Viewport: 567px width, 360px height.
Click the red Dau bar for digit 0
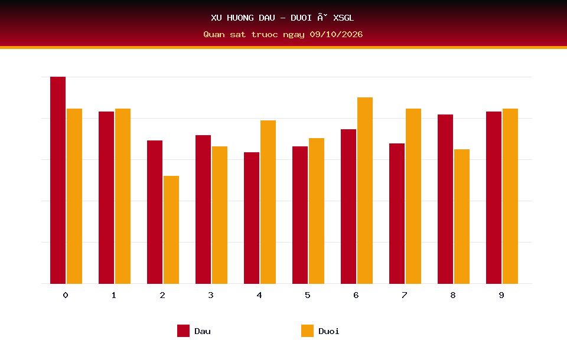coord(58,180)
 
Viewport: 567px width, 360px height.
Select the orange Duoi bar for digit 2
coord(171,230)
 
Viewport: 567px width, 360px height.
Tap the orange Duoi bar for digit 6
coord(365,191)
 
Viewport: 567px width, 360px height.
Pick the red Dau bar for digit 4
coord(252,218)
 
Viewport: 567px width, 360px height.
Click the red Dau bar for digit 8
coord(445,199)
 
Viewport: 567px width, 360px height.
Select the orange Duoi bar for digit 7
coord(413,197)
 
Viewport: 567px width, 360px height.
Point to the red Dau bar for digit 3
coord(203,210)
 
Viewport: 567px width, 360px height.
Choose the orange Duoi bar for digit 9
coord(510,197)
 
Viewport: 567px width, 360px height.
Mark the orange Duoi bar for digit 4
coord(268,202)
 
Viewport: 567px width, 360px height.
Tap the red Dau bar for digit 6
coord(348,207)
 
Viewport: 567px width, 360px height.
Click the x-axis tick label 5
coord(307,295)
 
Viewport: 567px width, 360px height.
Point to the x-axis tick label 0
coord(66,295)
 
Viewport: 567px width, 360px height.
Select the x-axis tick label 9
coord(501,295)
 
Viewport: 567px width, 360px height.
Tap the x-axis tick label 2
coord(162,295)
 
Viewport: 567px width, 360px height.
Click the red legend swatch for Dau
coord(183,330)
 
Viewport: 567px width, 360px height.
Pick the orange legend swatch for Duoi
coord(307,330)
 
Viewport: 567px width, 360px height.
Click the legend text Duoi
coord(329,331)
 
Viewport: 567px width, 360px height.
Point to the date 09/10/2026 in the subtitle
coord(336,34)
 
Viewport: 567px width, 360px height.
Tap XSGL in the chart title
coord(344,18)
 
